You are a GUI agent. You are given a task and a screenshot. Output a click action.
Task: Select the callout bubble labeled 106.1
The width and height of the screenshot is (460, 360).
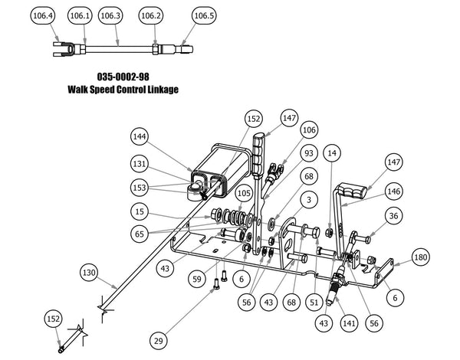click(x=79, y=15)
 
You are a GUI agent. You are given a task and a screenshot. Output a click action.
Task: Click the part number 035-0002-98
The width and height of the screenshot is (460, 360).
click(x=123, y=77)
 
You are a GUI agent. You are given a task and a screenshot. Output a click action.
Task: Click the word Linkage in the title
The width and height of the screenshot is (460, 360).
click(x=159, y=90)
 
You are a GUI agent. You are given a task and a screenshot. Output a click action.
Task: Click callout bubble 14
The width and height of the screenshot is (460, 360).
click(x=332, y=153)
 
